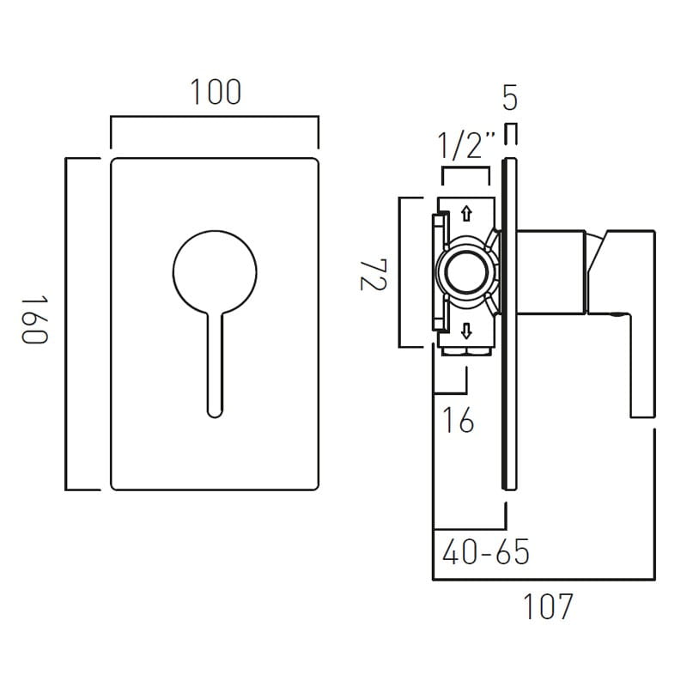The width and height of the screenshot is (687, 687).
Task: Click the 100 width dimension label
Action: pyautogui.click(x=216, y=92)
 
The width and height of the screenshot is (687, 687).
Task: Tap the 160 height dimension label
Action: pyautogui.click(x=34, y=320)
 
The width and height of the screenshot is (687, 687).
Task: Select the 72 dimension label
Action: pyautogui.click(x=374, y=275)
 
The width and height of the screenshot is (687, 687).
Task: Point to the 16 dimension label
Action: pyautogui.click(x=459, y=420)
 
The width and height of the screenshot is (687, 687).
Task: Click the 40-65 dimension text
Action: pyautogui.click(x=486, y=551)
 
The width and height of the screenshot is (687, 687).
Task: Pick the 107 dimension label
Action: pyautogui.click(x=548, y=606)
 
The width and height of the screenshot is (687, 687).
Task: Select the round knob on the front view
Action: pyautogui.click(x=215, y=272)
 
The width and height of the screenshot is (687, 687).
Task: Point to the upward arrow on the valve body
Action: pyautogui.click(x=466, y=213)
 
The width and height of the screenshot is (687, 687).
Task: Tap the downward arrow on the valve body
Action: pyautogui.click(x=466, y=331)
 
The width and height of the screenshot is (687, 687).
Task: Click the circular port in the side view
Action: pyautogui.click(x=466, y=272)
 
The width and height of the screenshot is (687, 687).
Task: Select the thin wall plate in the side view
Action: pyautogui.click(x=509, y=324)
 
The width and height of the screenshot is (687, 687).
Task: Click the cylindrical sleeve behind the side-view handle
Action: pyautogui.click(x=551, y=272)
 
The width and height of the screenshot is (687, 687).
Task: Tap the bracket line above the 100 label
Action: pyautogui.click(x=215, y=117)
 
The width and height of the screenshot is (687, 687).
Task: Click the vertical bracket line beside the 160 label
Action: pyautogui.click(x=66, y=324)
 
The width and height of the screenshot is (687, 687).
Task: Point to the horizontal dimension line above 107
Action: pyautogui.click(x=544, y=580)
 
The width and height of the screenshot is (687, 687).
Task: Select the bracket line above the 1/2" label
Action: pyautogui.click(x=465, y=167)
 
